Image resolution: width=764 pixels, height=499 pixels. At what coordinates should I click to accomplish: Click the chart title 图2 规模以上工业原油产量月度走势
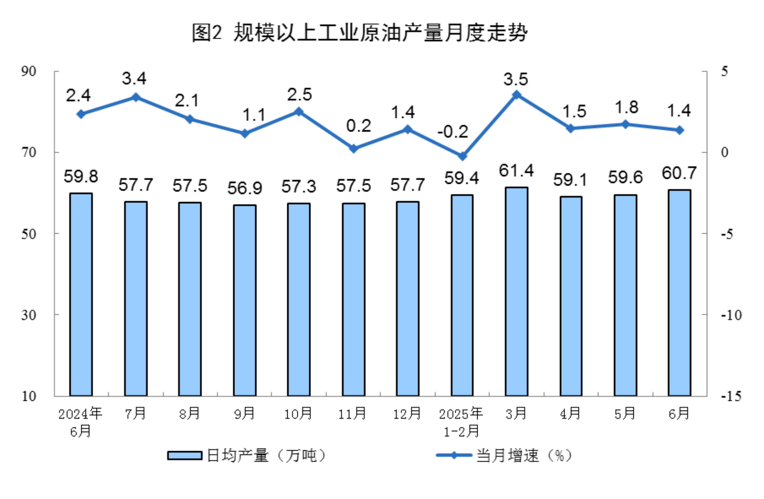pyautogui.click(x=359, y=33)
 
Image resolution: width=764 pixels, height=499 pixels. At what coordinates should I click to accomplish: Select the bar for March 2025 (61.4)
pyautogui.click(x=516, y=291)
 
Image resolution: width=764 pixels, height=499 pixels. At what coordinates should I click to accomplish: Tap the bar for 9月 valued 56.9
pyautogui.click(x=245, y=300)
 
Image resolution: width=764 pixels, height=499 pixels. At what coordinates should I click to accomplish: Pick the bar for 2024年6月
pyautogui.click(x=81, y=294)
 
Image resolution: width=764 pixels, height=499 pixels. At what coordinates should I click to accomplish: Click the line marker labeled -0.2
pyautogui.click(x=462, y=156)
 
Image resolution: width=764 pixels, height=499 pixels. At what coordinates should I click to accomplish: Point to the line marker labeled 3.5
pyautogui.click(x=517, y=95)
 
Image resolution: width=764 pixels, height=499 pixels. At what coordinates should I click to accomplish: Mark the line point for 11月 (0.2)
pyautogui.click(x=354, y=149)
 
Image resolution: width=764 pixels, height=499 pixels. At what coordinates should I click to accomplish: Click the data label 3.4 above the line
pyautogui.click(x=134, y=79)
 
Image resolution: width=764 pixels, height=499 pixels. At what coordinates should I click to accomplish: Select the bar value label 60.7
pyautogui.click(x=679, y=173)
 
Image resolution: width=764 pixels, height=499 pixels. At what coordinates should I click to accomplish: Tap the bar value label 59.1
pyautogui.click(x=570, y=180)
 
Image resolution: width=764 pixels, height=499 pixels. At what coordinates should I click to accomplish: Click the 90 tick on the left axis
pyautogui.click(x=29, y=71)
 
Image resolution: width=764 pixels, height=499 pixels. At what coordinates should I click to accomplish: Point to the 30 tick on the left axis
pyautogui.click(x=29, y=315)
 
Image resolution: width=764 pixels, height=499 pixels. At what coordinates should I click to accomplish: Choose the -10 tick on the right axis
pyautogui.click(x=731, y=315)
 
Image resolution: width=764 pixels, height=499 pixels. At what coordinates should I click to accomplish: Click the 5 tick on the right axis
pyautogui.click(x=724, y=71)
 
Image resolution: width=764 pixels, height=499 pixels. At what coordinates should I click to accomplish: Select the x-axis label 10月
pyautogui.click(x=298, y=413)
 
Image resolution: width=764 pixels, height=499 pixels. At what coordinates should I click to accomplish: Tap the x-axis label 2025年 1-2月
pyautogui.click(x=461, y=422)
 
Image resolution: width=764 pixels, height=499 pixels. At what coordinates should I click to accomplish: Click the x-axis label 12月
pyautogui.click(x=407, y=413)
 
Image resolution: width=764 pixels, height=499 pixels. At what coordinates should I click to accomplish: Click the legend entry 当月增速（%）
pyautogui.click(x=504, y=455)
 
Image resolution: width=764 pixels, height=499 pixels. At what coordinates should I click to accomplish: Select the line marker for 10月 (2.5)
pyautogui.click(x=299, y=111)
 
